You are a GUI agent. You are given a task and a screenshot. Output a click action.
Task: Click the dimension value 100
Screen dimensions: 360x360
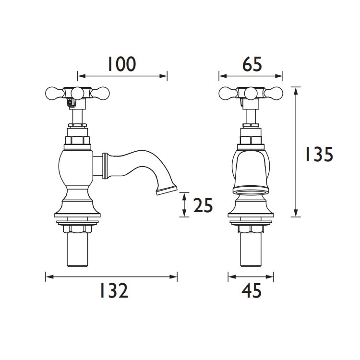[x=121, y=64]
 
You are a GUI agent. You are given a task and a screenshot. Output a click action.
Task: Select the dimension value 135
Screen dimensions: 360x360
[x=317, y=155]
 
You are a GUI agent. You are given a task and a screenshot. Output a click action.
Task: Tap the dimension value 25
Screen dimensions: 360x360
[x=203, y=205]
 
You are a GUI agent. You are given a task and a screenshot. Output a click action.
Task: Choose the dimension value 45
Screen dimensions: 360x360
[x=251, y=291]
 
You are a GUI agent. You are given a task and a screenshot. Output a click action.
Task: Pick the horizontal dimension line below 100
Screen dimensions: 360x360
[x=122, y=75]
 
